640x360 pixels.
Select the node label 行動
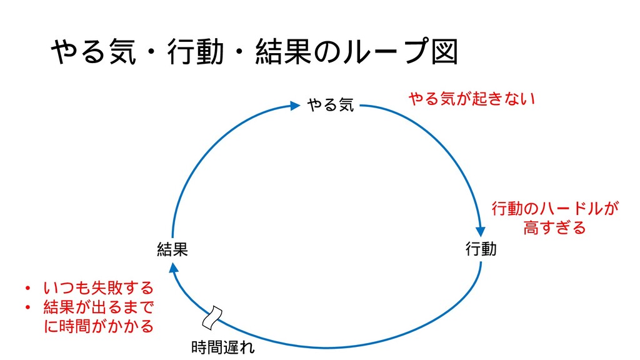[x=481, y=249]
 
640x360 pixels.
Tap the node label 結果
[x=172, y=250]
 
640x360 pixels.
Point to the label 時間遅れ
[x=223, y=347]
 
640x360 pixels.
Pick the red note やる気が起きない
[x=472, y=98]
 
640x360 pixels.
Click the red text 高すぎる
[x=555, y=227]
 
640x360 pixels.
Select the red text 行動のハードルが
[x=555, y=208]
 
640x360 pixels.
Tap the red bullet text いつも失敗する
[x=98, y=288]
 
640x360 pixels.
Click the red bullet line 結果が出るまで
[x=98, y=307]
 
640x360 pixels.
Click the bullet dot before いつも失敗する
[x=27, y=289]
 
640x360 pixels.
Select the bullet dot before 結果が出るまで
[x=27, y=308]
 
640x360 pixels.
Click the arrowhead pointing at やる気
[x=295, y=106]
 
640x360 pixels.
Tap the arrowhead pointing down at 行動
[x=481, y=230]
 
